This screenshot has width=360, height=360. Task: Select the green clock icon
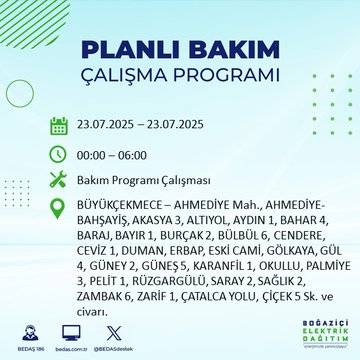(58, 154)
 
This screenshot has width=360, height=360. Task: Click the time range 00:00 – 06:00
(116, 154)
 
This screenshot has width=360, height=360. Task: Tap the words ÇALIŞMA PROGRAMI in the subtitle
(180, 78)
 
